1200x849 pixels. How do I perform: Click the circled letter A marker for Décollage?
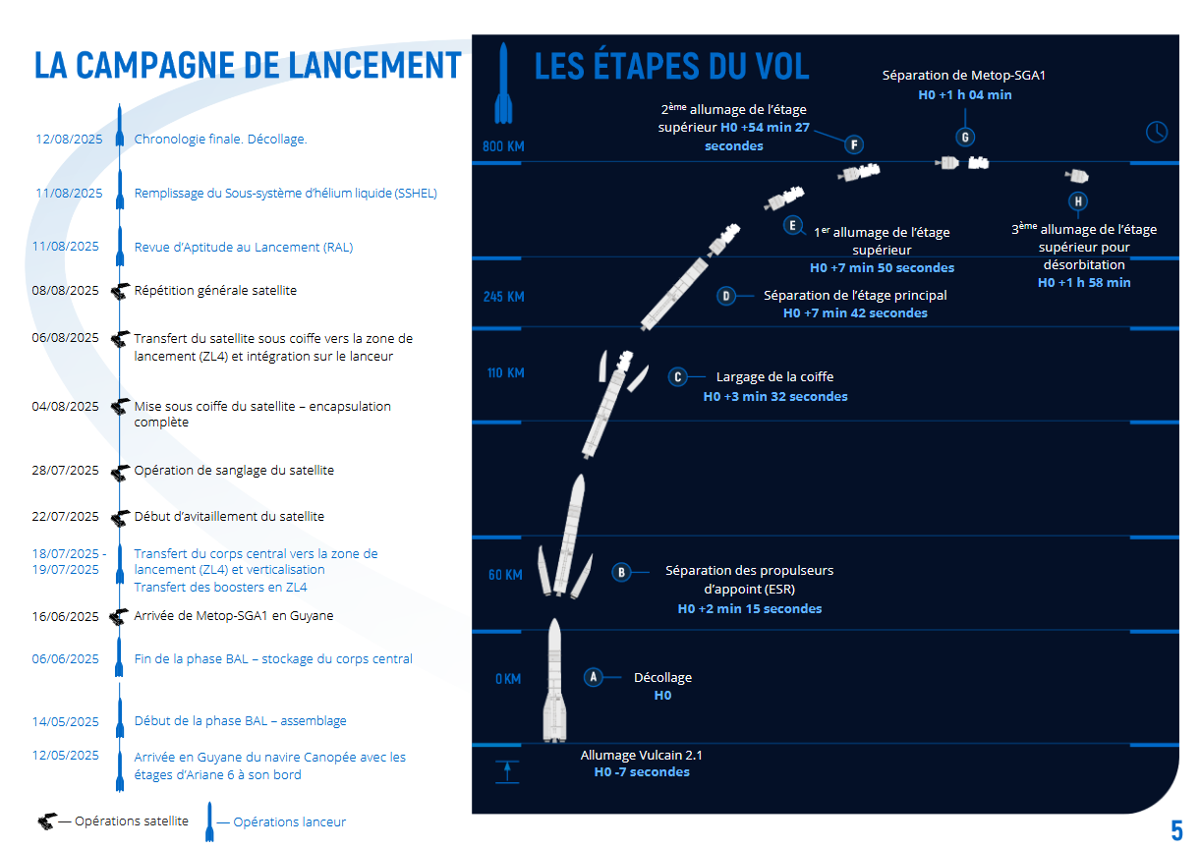point(593,677)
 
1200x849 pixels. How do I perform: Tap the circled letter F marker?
point(854,144)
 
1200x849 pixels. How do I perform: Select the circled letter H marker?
point(1078,201)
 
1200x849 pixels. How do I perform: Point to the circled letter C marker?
point(678,377)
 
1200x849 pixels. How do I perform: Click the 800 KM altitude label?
point(503,146)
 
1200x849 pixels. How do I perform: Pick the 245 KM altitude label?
point(503,297)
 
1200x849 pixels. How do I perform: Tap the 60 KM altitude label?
point(505,575)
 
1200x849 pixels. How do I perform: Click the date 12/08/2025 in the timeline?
point(69,140)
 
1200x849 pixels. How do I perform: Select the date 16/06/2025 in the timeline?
point(66,616)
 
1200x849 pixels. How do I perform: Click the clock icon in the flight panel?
point(1157,132)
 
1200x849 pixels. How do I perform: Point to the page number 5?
point(1176,830)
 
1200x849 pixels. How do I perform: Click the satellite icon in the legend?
point(47,821)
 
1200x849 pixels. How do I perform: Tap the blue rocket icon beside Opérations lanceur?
point(209,821)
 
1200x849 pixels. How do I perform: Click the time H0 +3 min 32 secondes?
point(775,396)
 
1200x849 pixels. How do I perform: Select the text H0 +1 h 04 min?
point(965,94)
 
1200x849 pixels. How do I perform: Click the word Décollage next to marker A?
point(662,678)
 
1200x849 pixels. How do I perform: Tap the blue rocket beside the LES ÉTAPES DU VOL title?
point(503,83)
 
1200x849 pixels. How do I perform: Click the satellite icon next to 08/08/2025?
point(120,292)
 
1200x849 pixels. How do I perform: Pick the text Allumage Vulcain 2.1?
point(641,755)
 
